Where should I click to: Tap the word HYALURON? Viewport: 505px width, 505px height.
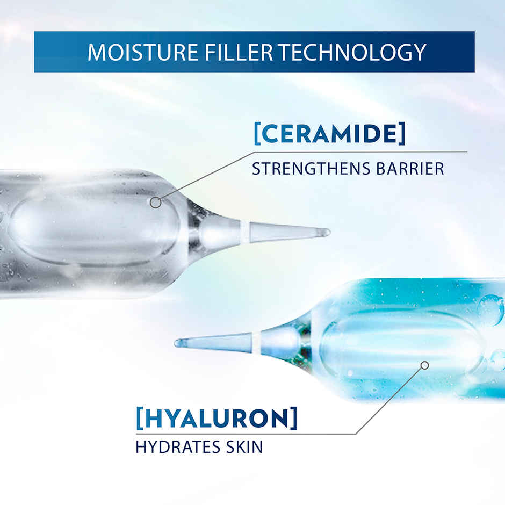(217, 418)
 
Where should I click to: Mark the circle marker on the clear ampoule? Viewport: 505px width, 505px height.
(155, 203)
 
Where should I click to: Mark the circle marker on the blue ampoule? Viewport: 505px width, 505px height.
(425, 365)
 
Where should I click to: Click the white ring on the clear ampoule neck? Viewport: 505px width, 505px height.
(245, 232)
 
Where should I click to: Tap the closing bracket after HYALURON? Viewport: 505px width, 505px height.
(293, 419)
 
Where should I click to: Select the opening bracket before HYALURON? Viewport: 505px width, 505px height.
(139, 419)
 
